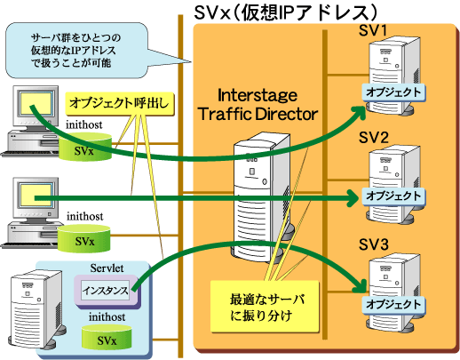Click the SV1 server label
(373, 30)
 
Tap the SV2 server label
(373, 138)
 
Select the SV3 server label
(373, 244)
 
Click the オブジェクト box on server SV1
(393, 92)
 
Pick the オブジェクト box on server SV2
(393, 196)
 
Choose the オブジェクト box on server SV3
(393, 305)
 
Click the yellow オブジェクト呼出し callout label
(119, 104)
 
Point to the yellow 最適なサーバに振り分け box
(265, 307)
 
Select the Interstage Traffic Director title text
(258, 105)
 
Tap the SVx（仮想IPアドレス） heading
(285, 13)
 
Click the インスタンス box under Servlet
(106, 290)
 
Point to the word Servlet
(107, 268)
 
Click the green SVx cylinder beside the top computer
(85, 147)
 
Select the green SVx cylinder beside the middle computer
(84, 238)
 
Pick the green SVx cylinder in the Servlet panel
(107, 337)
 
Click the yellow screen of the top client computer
(36, 103)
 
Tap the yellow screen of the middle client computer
(36, 195)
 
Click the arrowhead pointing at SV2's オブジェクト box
(353, 197)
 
